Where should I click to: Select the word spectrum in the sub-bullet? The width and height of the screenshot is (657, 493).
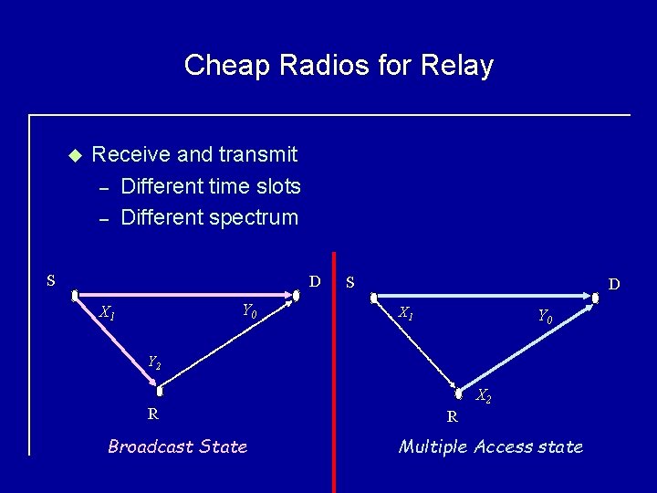pyautogui.click(x=252, y=217)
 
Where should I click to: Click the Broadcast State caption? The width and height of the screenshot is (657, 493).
pyautogui.click(x=177, y=446)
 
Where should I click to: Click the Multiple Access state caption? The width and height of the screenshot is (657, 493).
pyautogui.click(x=490, y=446)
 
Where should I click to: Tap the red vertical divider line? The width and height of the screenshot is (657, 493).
pyautogui.click(x=334, y=365)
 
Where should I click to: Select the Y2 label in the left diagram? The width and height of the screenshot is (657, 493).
pyautogui.click(x=154, y=362)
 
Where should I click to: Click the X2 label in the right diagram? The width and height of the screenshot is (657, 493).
pyautogui.click(x=485, y=396)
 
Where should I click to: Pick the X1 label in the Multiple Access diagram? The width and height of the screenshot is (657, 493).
pyautogui.click(x=406, y=313)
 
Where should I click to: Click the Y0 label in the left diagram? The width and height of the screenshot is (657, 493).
pyautogui.click(x=249, y=312)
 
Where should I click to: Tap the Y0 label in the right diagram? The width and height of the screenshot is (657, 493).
pyautogui.click(x=544, y=317)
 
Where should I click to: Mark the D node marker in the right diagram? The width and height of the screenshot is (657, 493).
pyautogui.click(x=595, y=297)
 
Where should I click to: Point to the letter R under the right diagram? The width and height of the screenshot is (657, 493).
pyautogui.click(x=452, y=417)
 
